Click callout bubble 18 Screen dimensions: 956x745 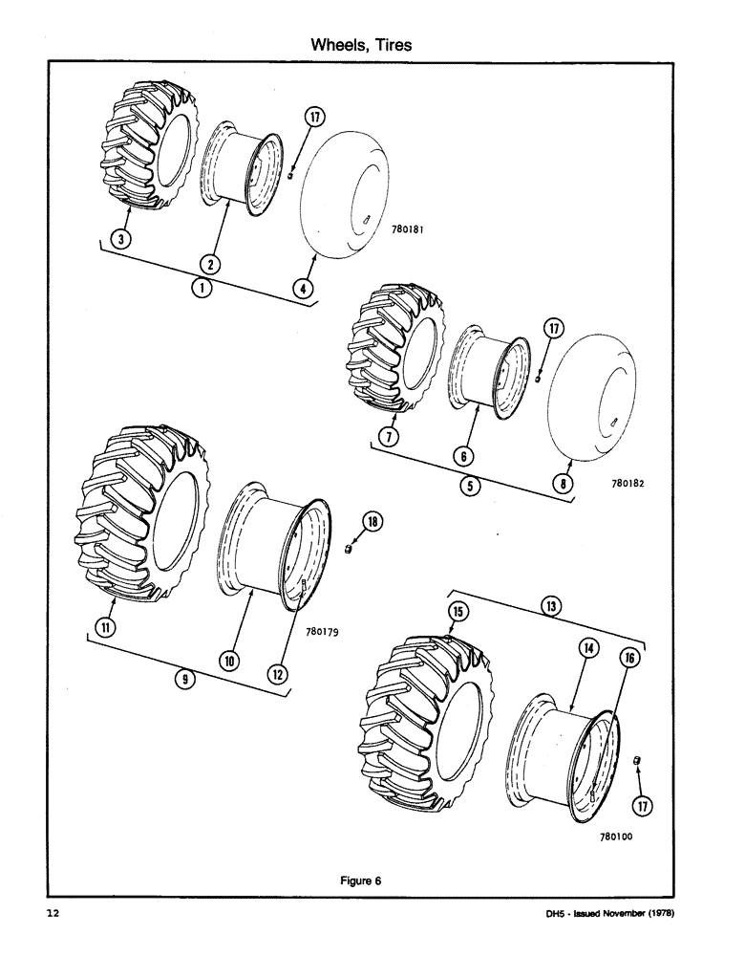pyautogui.click(x=372, y=521)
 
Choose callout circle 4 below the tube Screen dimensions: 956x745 pyautogui.click(x=304, y=286)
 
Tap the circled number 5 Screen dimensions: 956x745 pyautogui.click(x=470, y=484)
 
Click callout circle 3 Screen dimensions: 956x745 pyautogui.click(x=117, y=239)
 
